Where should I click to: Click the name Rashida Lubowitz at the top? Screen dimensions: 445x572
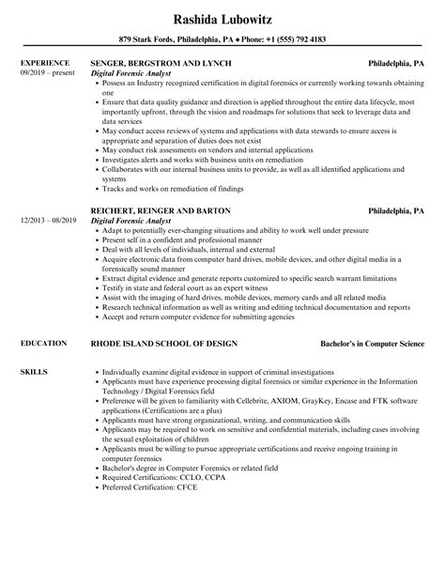pos(222,18)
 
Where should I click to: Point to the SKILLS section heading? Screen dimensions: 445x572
pos(32,373)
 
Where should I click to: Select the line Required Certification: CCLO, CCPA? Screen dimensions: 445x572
pos(159,480)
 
